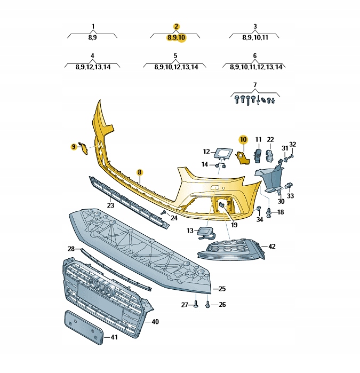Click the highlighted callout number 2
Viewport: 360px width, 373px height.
point(177,26)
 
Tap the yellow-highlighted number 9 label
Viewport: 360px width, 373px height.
point(74,147)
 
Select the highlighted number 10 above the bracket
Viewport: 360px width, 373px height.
point(243,140)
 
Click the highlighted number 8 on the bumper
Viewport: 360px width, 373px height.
point(140,172)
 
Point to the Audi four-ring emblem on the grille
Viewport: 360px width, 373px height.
point(101,288)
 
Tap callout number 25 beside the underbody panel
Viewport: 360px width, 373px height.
point(222,289)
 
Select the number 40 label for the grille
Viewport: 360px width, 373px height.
point(155,322)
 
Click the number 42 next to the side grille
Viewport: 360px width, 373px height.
point(272,247)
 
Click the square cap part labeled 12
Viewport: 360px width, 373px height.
point(221,153)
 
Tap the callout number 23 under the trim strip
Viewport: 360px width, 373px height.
point(110,205)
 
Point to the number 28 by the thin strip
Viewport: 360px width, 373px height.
point(71,249)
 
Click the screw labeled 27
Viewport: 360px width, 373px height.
point(196,305)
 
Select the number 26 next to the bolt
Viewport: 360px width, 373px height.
point(222,305)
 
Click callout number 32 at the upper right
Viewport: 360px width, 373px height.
point(292,144)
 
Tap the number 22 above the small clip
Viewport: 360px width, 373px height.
point(270,140)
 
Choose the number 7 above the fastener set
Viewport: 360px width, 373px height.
point(254,85)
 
